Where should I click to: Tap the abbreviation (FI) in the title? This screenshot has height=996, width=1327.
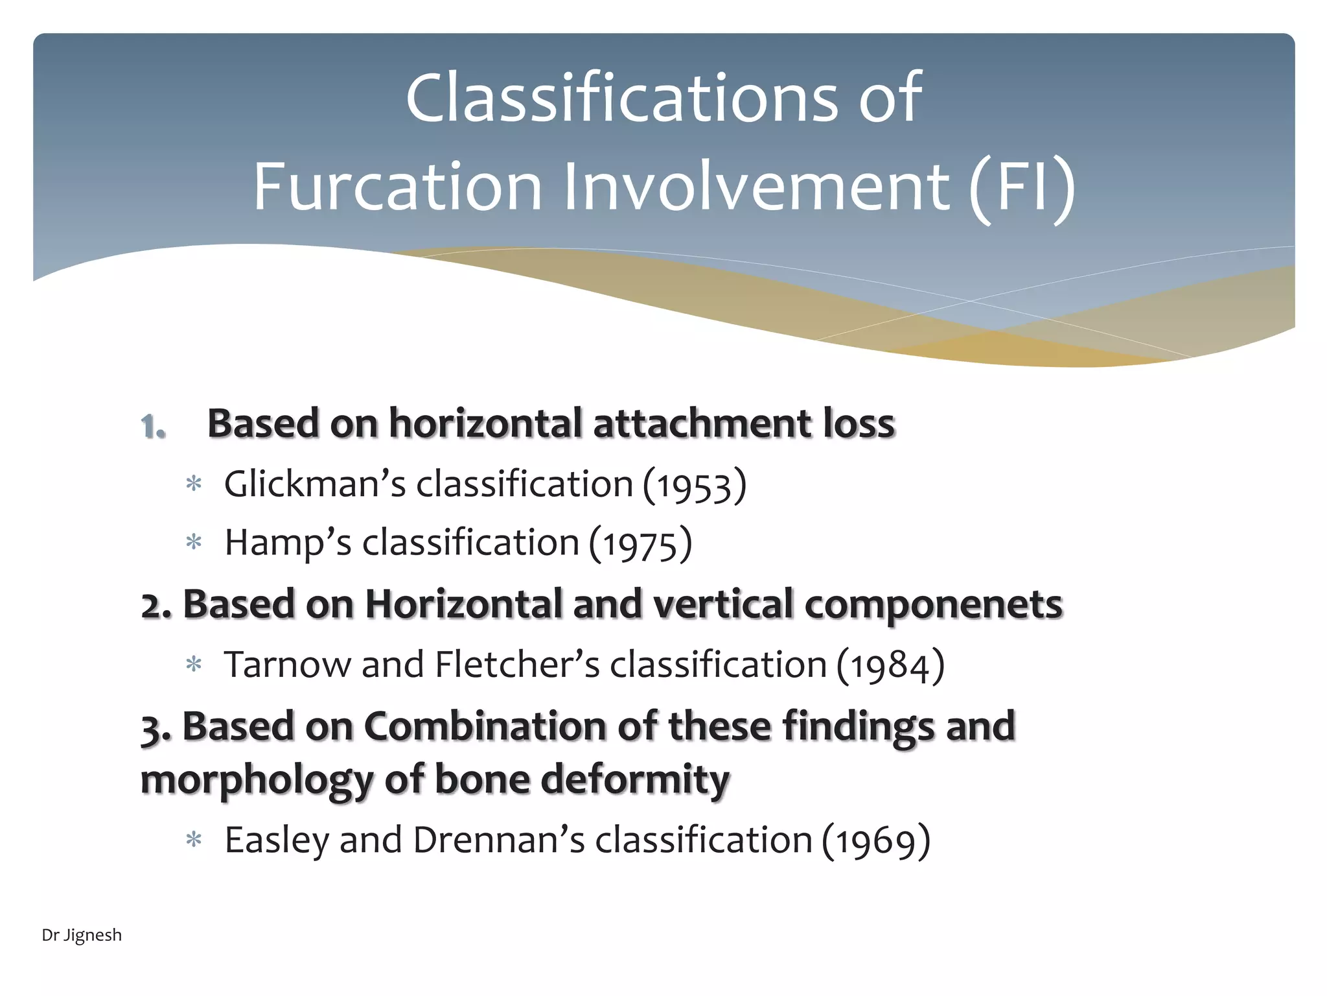coord(1022,188)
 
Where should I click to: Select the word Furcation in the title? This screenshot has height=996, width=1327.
coord(397,188)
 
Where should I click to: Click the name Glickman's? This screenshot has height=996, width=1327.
coord(315,484)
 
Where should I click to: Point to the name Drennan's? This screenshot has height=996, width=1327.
coord(499,840)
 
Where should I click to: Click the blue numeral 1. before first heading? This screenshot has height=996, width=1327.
coord(154,427)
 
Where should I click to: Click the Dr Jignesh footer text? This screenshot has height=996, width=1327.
coord(82,935)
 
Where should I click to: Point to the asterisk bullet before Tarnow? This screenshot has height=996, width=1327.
coord(194,665)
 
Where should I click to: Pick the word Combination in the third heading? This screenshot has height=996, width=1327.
coord(485,726)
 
